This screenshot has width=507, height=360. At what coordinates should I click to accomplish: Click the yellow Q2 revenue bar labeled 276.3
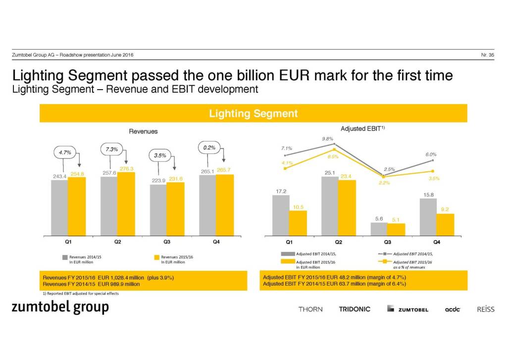[x=126, y=204]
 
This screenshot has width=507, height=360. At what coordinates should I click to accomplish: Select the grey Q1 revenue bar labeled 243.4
[x=59, y=207]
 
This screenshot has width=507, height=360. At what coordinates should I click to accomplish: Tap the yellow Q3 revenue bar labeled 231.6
[x=175, y=209]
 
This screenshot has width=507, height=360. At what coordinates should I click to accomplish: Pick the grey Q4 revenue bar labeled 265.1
[x=207, y=205]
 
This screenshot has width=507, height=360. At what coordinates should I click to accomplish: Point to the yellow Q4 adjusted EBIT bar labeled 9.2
[x=445, y=225]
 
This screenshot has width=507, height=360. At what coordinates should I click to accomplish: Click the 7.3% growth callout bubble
[x=111, y=149]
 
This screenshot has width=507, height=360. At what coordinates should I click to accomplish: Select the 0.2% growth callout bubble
[x=209, y=147]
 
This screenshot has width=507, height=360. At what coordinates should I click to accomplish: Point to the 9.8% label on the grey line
[x=327, y=139]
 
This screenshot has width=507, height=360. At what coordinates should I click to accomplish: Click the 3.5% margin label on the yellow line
[x=434, y=178]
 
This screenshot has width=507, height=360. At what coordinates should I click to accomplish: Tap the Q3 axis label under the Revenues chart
[x=167, y=242]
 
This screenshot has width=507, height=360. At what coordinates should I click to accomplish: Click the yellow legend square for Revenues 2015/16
[x=157, y=257]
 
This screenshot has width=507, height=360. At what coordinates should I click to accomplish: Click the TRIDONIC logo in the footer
[x=355, y=309]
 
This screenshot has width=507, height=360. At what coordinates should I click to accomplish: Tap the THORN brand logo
[x=310, y=309]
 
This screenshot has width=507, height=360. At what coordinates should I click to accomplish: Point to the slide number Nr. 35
[x=487, y=54]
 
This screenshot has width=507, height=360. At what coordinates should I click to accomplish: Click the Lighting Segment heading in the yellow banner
[x=253, y=113]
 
